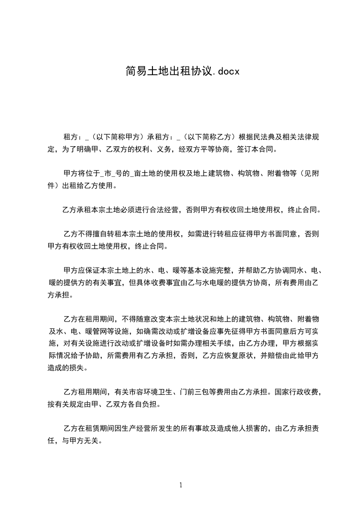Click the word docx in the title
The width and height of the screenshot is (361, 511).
click(228, 72)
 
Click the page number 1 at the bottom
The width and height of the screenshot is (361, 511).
click(181, 485)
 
